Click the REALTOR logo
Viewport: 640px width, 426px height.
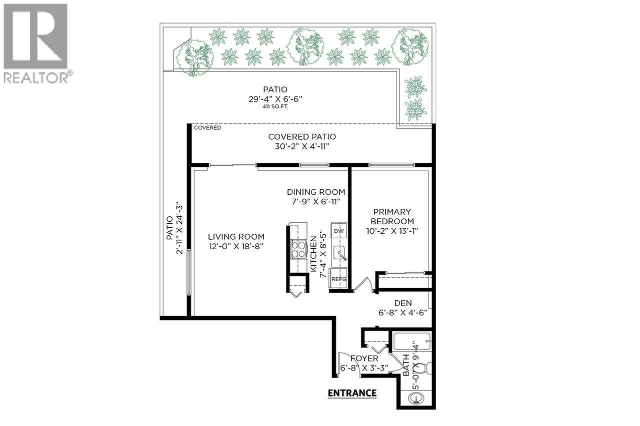pos(36,43)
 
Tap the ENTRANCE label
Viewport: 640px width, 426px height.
pos(352,393)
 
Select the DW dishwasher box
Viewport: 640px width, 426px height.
pos(338,231)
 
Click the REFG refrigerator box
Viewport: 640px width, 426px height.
pos(338,280)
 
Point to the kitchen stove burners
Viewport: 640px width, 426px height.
pos(298,249)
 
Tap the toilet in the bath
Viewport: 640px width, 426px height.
pos(420,369)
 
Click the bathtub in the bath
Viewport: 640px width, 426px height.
pos(412,342)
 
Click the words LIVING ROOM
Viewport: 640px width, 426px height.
pos(236,237)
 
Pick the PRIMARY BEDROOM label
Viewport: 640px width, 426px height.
pos(391,216)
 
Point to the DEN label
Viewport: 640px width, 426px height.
pos(402,303)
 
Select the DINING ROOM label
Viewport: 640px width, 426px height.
pos(315,192)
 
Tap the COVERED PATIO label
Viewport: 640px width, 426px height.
pos(302,137)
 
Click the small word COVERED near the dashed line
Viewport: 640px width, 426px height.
pos(207,128)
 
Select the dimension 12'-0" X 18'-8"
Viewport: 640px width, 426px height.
pos(236,246)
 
